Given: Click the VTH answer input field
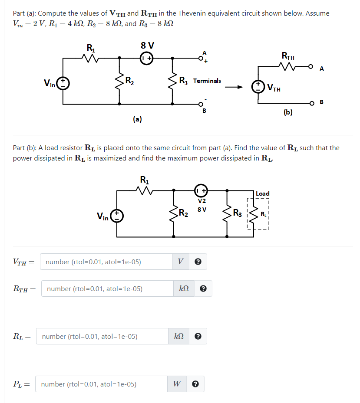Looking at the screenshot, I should (x=106, y=262).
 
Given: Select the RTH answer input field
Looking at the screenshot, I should (x=107, y=288).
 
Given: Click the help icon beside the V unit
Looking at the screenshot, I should (x=198, y=262).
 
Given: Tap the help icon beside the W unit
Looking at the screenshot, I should (x=196, y=384).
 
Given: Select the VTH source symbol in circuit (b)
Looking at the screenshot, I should (x=258, y=85).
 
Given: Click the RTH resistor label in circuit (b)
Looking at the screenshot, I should (x=288, y=56).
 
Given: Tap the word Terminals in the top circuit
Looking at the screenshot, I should (x=207, y=81).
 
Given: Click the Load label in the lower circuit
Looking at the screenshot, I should (x=263, y=193).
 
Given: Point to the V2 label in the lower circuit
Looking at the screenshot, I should (x=201, y=201).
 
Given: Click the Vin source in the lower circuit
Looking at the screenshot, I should (x=117, y=216).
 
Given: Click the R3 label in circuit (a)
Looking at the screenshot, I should (x=184, y=81).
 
